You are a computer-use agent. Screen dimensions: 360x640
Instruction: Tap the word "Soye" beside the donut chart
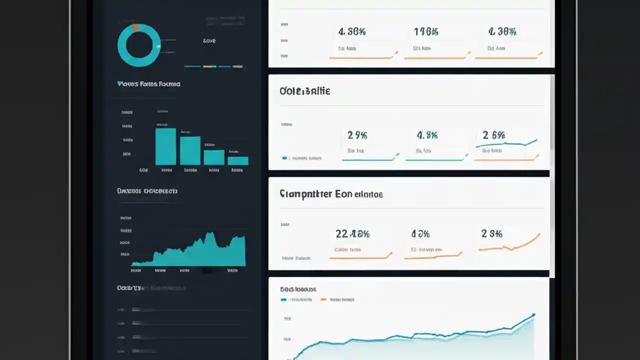[209, 40]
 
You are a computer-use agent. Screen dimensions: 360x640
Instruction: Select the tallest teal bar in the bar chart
[165, 146]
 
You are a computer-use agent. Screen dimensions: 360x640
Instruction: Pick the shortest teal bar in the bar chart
[238, 160]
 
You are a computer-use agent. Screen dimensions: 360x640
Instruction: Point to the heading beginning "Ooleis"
[305, 91]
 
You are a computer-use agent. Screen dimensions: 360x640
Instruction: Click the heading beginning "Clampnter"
[331, 194]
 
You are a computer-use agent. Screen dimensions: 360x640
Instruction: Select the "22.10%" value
[352, 233]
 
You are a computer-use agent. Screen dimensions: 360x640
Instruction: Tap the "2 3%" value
[491, 233]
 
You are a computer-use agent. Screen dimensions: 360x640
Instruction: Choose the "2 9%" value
[357, 135]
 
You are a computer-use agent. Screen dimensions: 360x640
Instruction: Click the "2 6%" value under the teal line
[493, 135]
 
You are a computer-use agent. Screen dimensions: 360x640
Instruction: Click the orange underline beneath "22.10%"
[360, 257]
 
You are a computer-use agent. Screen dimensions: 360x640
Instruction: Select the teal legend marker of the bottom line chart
[283, 299]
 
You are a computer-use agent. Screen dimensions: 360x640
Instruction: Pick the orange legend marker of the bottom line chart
[323, 299]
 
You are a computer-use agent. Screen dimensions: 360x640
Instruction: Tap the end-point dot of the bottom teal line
[533, 315]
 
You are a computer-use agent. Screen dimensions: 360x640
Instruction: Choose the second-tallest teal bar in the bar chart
[190, 150]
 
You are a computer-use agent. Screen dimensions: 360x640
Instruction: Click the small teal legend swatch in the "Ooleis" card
[284, 158]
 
